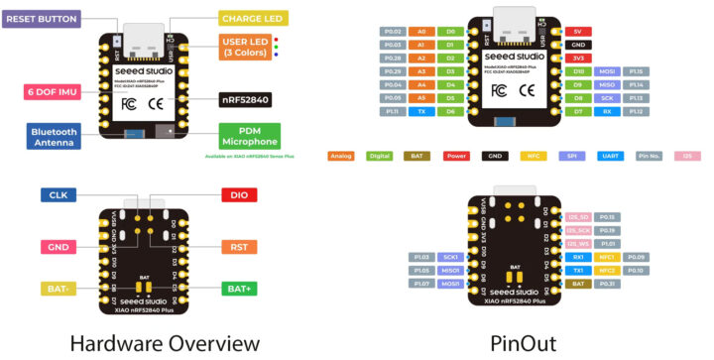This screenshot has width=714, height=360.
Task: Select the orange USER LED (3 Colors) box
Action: (x=248, y=47)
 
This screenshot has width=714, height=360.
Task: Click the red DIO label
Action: (x=233, y=195)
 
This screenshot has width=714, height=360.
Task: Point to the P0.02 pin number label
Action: (x=392, y=32)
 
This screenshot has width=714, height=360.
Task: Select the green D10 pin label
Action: (x=576, y=71)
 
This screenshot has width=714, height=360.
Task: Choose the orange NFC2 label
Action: (x=606, y=270)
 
